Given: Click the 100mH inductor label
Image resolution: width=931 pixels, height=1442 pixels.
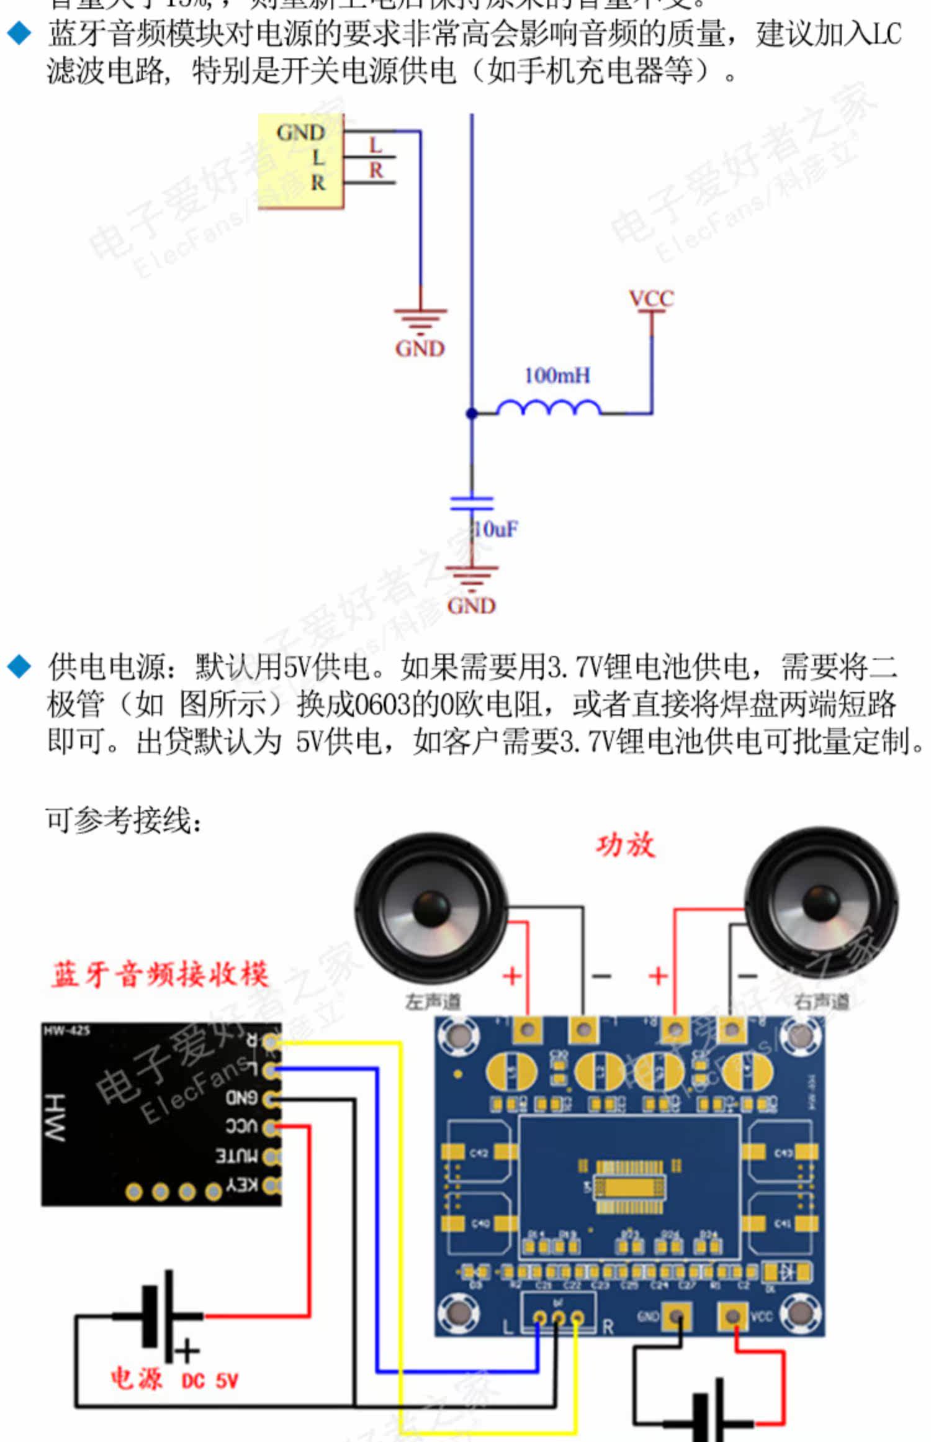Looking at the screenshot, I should (557, 375).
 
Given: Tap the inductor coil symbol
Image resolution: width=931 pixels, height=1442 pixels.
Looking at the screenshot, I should (549, 407).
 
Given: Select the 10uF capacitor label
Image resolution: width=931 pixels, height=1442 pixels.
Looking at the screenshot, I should (495, 529).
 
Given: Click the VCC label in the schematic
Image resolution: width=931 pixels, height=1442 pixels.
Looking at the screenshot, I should (651, 299).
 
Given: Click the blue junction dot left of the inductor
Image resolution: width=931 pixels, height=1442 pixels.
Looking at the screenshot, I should (472, 413).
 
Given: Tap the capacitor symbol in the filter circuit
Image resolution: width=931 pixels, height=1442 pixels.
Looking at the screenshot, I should (472, 502).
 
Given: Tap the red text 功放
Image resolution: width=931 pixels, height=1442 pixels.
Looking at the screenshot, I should (625, 845).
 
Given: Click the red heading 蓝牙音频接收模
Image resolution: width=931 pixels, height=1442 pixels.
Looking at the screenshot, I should (160, 974).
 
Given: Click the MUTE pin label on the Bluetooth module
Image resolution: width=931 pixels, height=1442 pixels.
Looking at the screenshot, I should (236, 1156).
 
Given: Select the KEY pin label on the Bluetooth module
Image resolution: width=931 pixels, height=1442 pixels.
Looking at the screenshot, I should (242, 1185).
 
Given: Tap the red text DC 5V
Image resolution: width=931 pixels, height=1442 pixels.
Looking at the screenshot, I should (210, 1381).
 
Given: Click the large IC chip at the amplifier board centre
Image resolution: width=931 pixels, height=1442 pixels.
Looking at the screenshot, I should (629, 1187).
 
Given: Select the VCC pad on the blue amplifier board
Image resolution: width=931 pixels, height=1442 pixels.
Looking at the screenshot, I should (732, 1316).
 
